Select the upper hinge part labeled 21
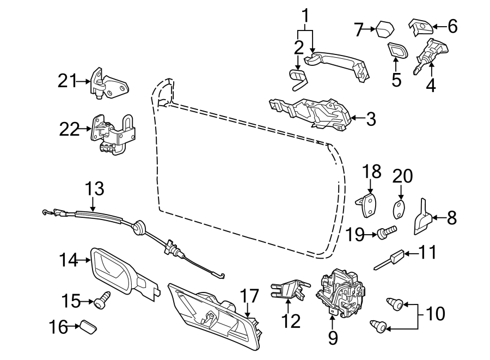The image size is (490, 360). pyautogui.click(x=109, y=84)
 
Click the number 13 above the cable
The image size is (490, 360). pyautogui.click(x=94, y=189)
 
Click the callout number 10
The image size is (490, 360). pyautogui.click(x=435, y=313)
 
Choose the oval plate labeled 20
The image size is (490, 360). pyautogui.click(x=400, y=209)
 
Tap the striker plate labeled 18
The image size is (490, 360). pyautogui.click(x=369, y=205)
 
